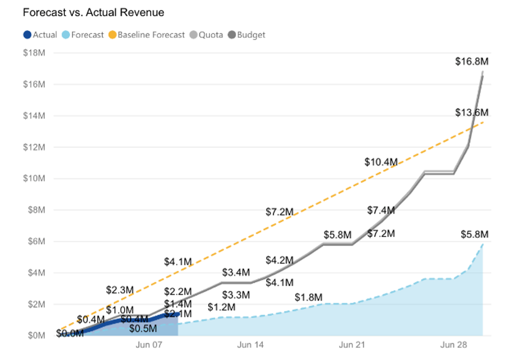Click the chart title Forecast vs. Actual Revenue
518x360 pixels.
point(94,13)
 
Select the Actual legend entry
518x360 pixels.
point(40,35)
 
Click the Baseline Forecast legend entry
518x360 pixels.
point(147,35)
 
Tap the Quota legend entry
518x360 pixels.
point(206,35)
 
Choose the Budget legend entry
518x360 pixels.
point(247,35)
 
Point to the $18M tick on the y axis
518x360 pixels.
point(34,53)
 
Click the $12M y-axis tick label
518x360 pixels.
point(34,147)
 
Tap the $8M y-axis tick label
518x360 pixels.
point(36,210)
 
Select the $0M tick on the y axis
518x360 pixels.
point(36,336)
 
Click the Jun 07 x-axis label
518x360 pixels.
point(149,345)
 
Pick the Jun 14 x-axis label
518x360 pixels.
point(250,345)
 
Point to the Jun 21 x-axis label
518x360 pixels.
point(352,345)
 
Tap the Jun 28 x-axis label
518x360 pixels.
point(453,345)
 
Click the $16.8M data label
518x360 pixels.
point(472,62)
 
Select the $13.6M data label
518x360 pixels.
point(472,112)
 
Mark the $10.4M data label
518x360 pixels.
point(381,162)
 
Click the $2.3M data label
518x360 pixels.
point(120,290)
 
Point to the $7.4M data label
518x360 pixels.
point(381,211)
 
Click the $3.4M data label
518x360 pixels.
point(236,273)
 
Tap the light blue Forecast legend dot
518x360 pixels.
point(66,35)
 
